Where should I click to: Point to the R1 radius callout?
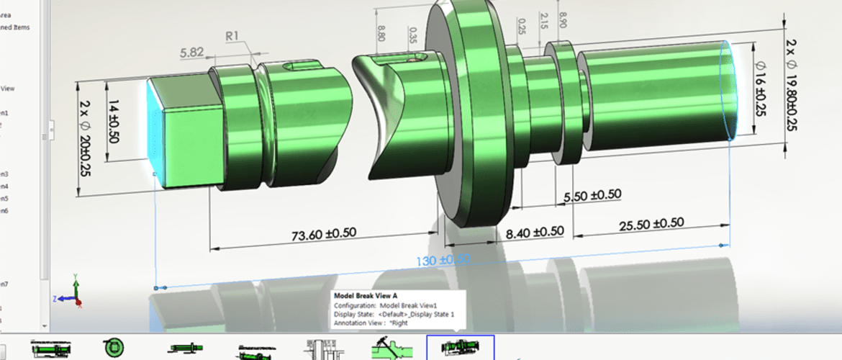(232, 35)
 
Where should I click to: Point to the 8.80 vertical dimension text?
(380, 34)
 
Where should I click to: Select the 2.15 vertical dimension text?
(543, 21)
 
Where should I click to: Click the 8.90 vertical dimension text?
(562, 19)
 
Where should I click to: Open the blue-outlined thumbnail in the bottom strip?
(461, 348)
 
